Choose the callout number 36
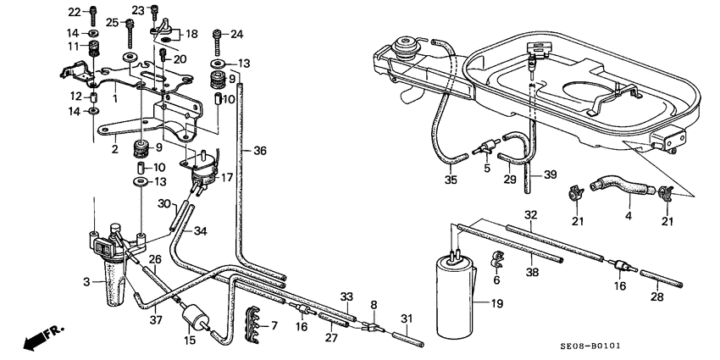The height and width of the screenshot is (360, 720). (260, 152)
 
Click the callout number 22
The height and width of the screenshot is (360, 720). (73, 12)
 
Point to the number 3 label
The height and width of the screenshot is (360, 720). (85, 280)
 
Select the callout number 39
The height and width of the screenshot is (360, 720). (550, 174)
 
